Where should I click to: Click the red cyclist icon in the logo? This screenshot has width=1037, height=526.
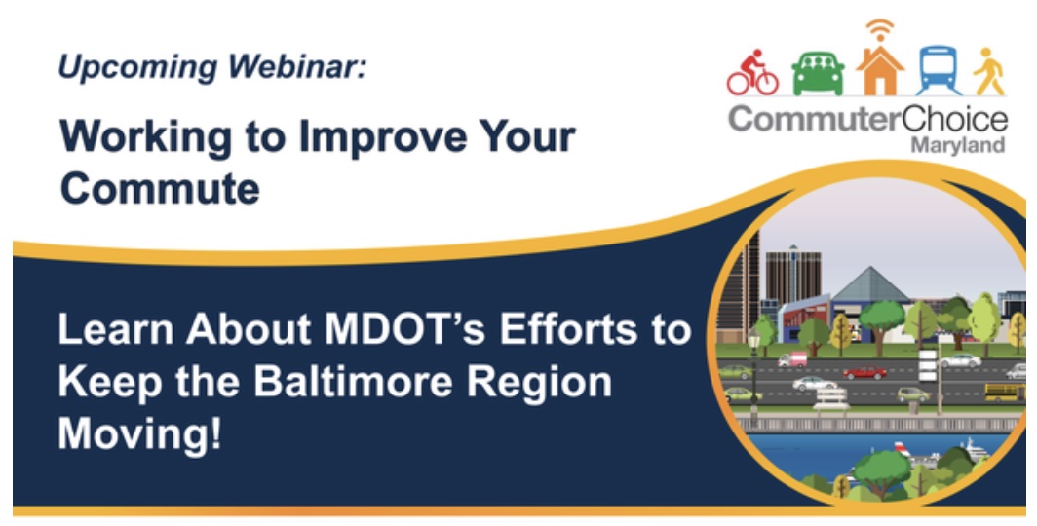[752, 74]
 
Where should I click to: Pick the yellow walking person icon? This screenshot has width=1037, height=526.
[989, 71]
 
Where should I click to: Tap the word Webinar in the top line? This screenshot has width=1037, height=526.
[301, 68]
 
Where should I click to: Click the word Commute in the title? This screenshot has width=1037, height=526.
[160, 187]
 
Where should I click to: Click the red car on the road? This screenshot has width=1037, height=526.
[864, 372]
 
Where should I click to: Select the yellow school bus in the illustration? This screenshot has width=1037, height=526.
[1004, 392]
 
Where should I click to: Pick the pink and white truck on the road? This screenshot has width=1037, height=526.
[791, 359]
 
